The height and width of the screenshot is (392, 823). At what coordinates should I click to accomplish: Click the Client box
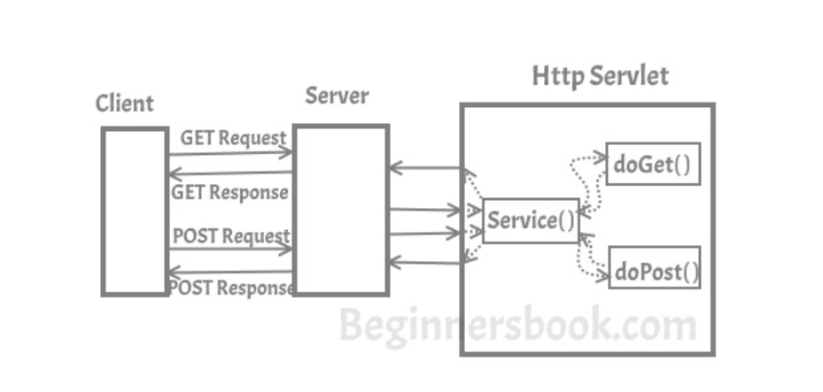[x=135, y=211]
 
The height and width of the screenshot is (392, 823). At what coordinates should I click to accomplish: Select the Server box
[x=341, y=209]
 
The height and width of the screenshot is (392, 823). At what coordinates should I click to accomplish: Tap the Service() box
[x=531, y=221]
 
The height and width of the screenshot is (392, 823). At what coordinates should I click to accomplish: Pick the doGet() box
[x=653, y=164]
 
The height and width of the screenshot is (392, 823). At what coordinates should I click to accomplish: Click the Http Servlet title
[x=600, y=76]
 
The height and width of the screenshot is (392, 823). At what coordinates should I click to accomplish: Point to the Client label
[x=124, y=104]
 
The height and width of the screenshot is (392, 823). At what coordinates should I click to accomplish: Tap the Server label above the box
[x=337, y=96]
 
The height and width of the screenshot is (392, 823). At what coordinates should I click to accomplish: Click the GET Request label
[x=233, y=138]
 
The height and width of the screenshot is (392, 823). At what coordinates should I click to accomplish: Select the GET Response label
[x=229, y=192]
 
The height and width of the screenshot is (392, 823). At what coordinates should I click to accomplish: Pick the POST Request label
[x=230, y=236]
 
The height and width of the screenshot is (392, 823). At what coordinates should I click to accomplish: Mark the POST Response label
[x=230, y=288]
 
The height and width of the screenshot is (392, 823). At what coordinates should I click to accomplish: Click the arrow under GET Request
[x=230, y=153]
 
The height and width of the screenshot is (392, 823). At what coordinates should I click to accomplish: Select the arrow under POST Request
[x=230, y=250]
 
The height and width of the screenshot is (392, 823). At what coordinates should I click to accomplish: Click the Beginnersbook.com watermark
[x=517, y=326]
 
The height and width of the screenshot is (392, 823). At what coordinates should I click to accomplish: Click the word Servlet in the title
[x=630, y=76]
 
